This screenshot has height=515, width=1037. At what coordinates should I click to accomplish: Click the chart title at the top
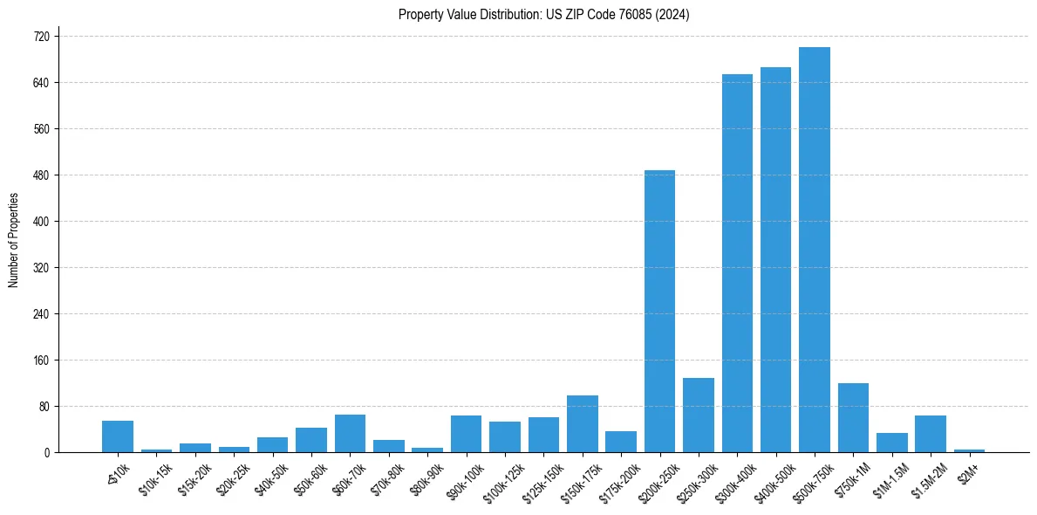click(543, 15)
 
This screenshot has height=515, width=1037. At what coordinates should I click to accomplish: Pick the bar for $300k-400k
click(737, 263)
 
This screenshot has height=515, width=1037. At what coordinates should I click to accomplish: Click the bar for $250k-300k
click(698, 415)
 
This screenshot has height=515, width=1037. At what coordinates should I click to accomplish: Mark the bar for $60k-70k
click(350, 433)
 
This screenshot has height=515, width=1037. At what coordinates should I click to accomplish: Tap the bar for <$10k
click(118, 436)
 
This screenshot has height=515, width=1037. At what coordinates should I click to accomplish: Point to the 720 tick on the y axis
click(41, 37)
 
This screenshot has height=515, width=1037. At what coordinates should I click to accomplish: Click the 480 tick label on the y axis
click(41, 175)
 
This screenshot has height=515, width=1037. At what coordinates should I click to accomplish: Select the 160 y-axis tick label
click(41, 360)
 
